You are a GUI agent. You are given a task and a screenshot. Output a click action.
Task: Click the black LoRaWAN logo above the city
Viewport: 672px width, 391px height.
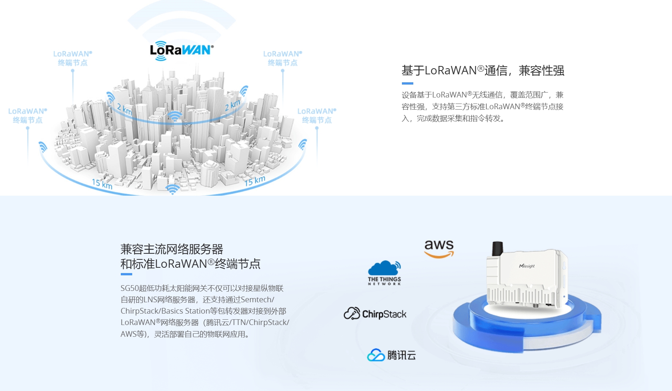coord(181,51)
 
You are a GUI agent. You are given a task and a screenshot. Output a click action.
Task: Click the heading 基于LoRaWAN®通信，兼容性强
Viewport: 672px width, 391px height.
coord(482,71)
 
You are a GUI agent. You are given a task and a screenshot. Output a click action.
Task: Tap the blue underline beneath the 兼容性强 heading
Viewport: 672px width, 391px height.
coord(407,83)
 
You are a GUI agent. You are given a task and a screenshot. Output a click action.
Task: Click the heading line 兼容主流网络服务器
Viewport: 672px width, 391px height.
coord(172,249)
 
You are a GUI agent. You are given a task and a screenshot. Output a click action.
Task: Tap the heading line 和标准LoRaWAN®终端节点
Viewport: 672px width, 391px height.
coord(190,264)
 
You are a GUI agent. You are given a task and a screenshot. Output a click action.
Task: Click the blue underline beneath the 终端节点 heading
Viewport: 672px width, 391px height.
coord(126,274)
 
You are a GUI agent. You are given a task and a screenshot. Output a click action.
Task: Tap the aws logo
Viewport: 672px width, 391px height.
coord(439,248)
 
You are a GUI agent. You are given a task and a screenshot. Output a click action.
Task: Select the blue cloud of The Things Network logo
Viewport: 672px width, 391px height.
coord(384,268)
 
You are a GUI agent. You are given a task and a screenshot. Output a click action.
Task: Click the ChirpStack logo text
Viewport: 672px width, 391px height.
coord(384,314)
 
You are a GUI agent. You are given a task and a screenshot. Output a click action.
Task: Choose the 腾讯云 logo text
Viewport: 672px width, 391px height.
coord(401,355)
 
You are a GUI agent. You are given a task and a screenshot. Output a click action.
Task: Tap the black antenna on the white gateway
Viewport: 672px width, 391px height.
coord(497,248)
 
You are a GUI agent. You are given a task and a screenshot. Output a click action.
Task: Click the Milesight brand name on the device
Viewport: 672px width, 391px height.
coord(527,266)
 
